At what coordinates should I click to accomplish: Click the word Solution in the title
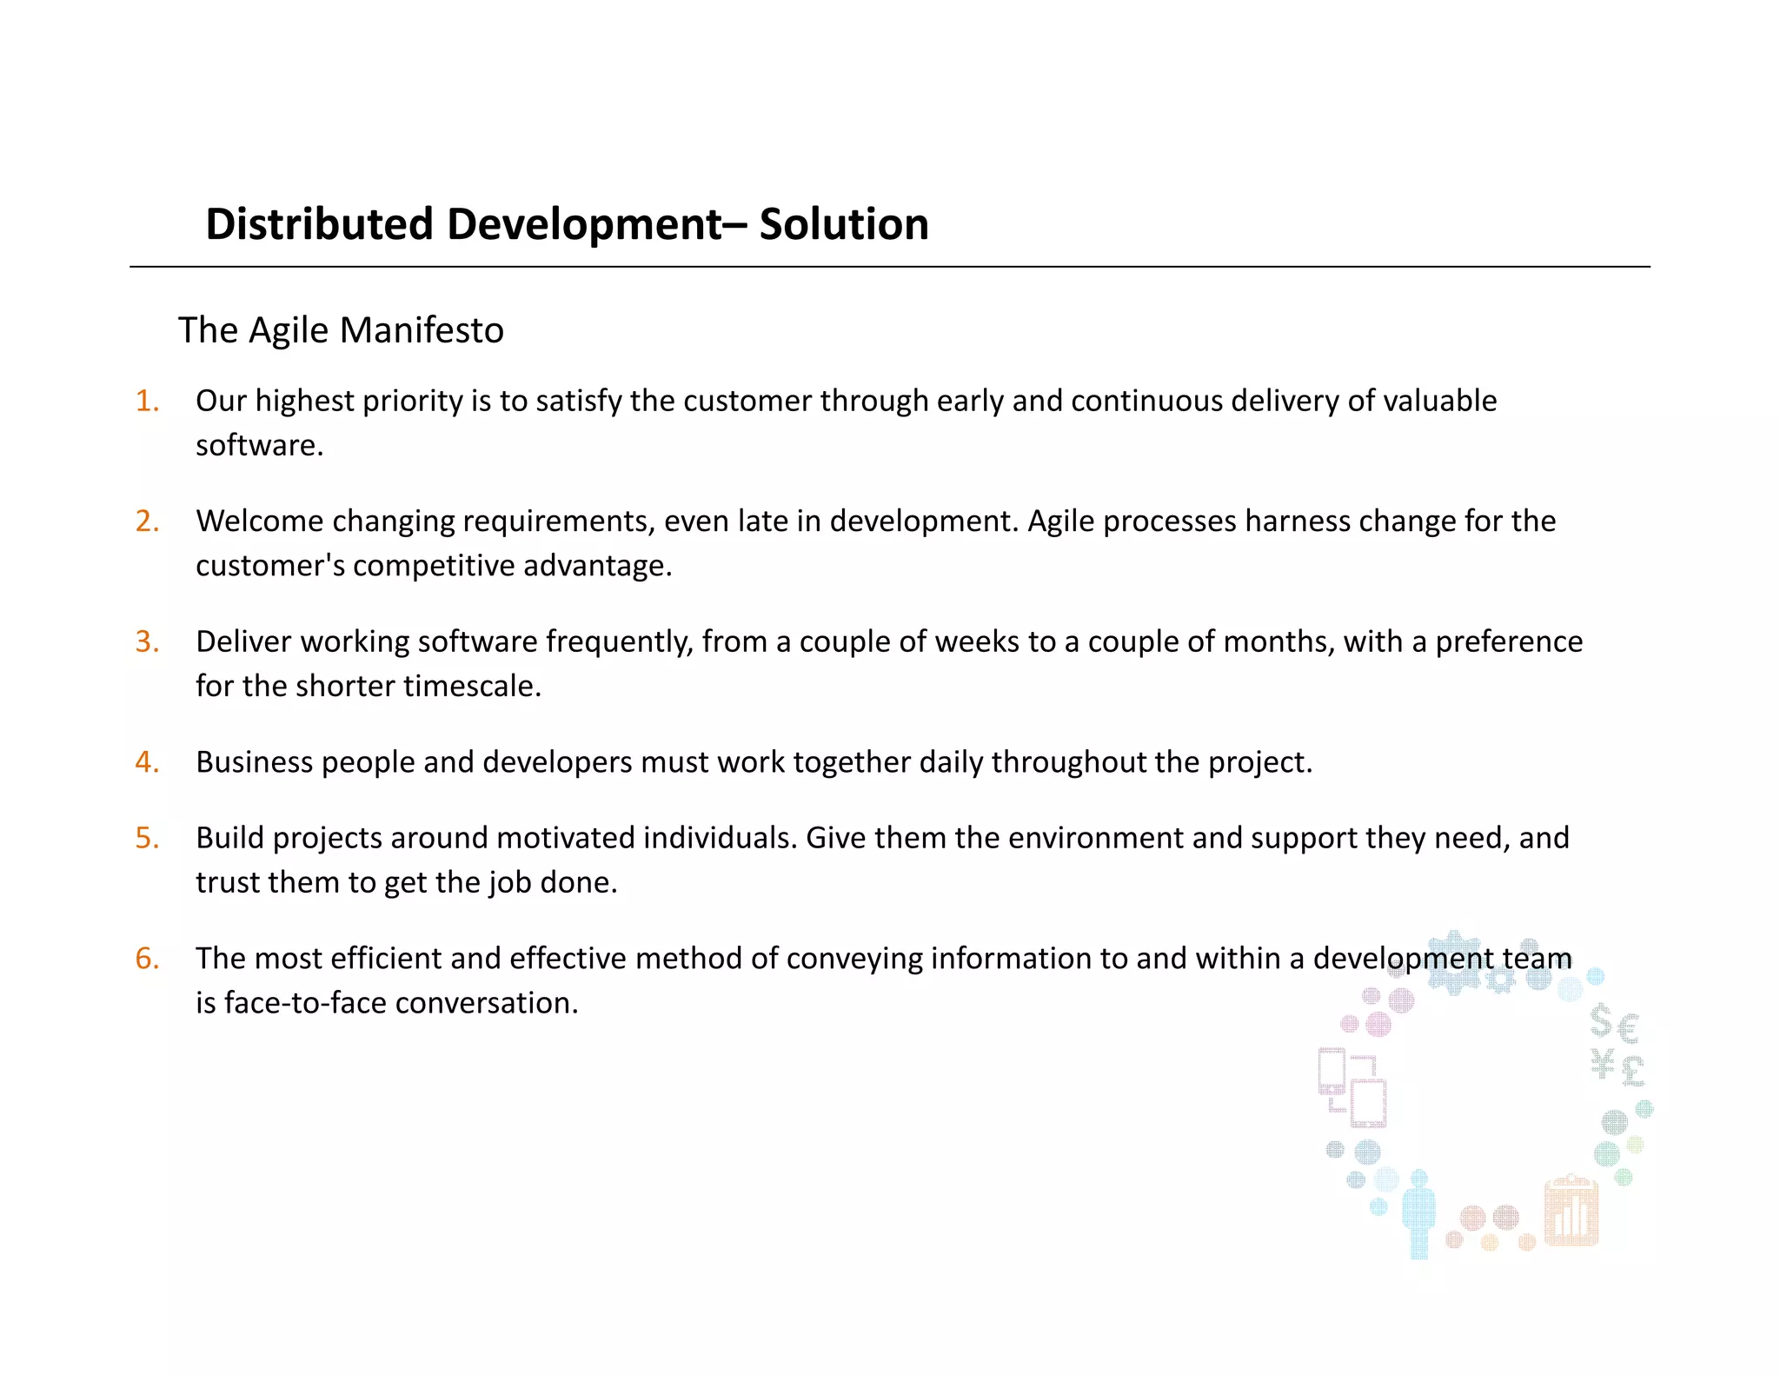[x=843, y=224]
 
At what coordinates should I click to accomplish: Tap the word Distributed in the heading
[x=319, y=224]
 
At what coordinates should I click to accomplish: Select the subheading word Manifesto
[x=422, y=330]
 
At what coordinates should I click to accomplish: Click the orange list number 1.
[x=147, y=401]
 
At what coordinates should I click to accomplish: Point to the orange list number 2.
[x=147, y=521]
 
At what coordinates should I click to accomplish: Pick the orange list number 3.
[x=147, y=641]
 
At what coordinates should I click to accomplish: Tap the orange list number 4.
[x=147, y=762]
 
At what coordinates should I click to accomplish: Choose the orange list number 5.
[x=147, y=838]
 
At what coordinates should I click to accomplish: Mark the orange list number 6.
[x=147, y=959]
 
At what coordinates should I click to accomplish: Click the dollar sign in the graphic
[x=1601, y=1022]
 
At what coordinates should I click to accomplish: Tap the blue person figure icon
[x=1418, y=1212]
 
